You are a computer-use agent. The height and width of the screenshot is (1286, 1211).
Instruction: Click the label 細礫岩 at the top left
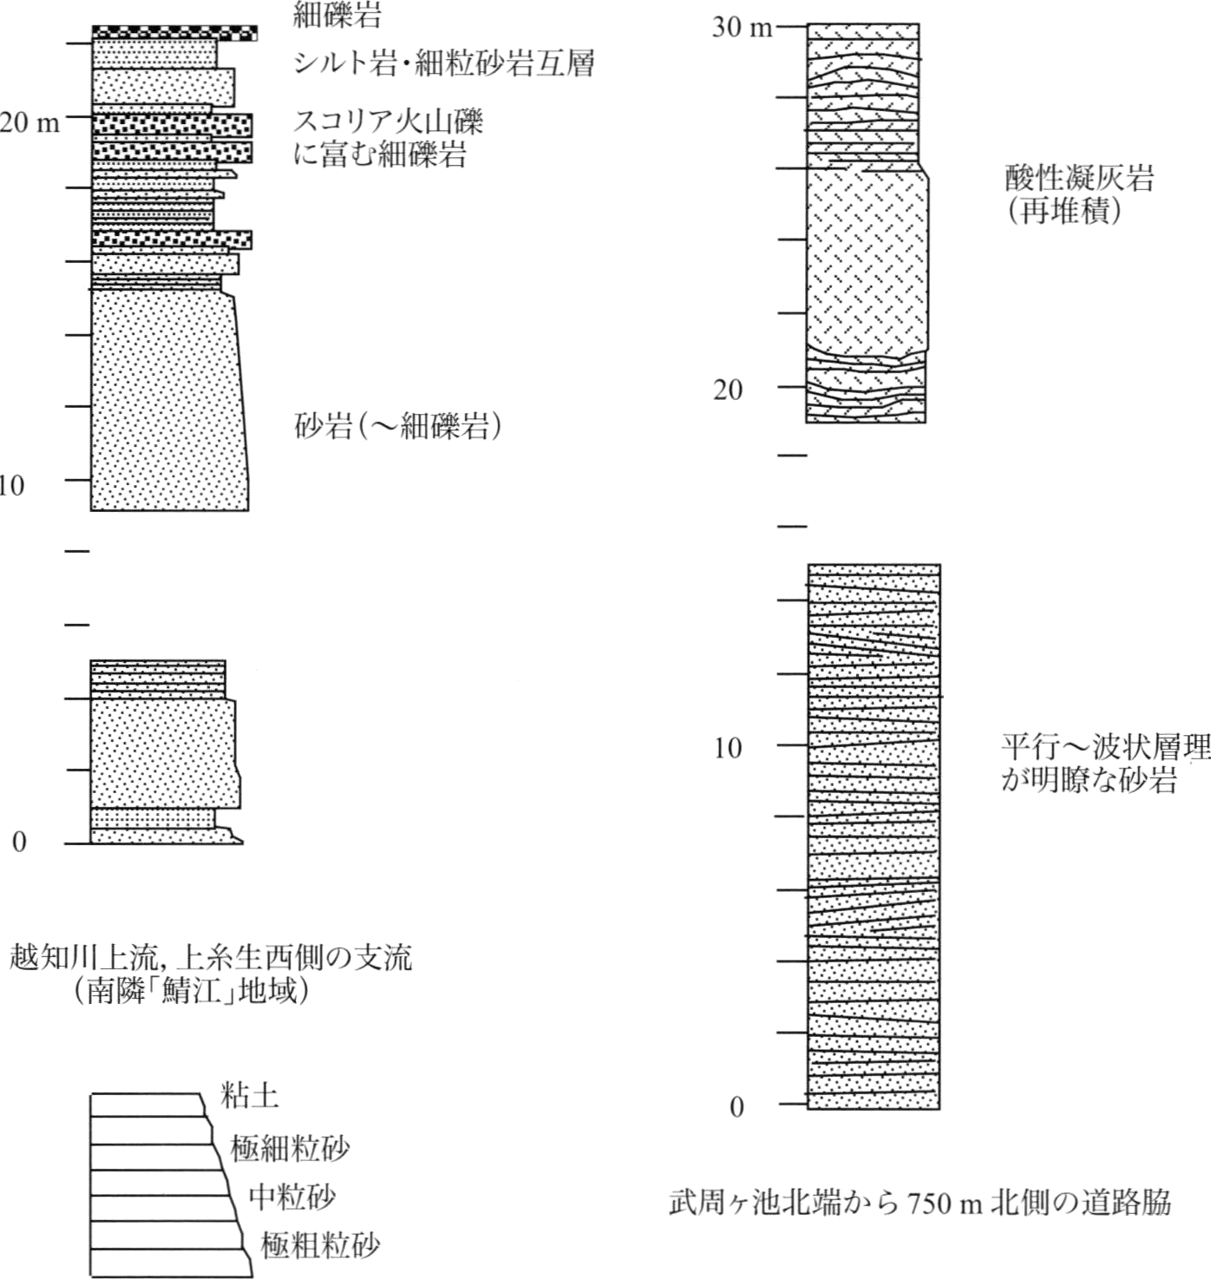[x=337, y=14]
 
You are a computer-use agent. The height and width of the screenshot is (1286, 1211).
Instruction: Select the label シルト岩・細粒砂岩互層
[x=443, y=63]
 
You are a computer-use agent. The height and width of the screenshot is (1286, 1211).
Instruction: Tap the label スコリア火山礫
[x=389, y=121]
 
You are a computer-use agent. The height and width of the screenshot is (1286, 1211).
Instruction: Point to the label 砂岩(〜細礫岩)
[x=397, y=427]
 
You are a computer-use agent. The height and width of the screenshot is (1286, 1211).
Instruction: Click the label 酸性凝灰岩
[x=1079, y=178]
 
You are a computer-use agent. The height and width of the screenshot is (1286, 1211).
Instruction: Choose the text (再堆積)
[x=1064, y=211]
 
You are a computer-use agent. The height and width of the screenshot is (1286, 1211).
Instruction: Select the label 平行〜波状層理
[x=1105, y=748]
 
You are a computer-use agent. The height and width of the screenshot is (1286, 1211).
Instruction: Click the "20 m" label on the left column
[x=29, y=122]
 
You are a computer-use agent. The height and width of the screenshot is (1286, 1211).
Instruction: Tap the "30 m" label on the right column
[x=743, y=27]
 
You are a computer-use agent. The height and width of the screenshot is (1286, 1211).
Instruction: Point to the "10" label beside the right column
[x=727, y=749]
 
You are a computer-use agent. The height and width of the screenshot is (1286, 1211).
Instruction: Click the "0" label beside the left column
[x=19, y=842]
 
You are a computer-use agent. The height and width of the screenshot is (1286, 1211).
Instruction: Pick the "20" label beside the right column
[x=728, y=390]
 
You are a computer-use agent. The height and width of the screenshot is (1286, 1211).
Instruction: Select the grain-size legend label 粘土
[x=250, y=1096]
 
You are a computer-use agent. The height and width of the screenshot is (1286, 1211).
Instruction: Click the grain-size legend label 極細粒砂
[x=290, y=1148]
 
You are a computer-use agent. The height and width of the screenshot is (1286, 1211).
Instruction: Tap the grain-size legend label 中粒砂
[x=292, y=1197]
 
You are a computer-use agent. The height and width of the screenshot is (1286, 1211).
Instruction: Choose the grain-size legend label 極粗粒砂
[x=321, y=1246]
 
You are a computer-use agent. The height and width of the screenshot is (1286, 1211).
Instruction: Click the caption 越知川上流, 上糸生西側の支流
[x=211, y=958]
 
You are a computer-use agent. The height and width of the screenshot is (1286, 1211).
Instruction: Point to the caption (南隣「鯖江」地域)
[x=192, y=991]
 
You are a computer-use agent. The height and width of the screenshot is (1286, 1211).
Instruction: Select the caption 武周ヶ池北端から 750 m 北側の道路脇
[x=920, y=1203]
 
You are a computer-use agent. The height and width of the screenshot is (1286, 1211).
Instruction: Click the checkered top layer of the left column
[x=175, y=33]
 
